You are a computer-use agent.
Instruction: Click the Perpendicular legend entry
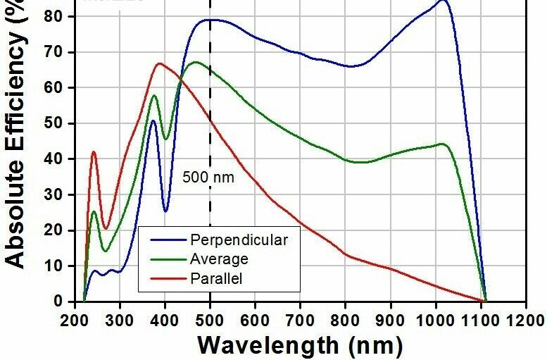(x=239, y=240)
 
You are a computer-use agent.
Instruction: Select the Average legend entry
(x=220, y=259)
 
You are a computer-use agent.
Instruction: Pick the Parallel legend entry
(x=216, y=279)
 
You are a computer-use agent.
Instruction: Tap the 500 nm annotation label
(x=208, y=178)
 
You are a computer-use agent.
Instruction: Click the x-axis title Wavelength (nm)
(x=300, y=345)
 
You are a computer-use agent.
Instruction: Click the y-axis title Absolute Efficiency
(x=15, y=134)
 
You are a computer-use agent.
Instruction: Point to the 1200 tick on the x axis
(x=525, y=319)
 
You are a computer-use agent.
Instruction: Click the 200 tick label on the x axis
(x=74, y=319)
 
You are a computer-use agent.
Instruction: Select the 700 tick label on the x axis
(x=300, y=319)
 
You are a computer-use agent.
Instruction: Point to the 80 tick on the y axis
(x=62, y=16)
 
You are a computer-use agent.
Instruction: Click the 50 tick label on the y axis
(x=62, y=123)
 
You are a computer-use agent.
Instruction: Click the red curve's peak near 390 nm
(x=160, y=63)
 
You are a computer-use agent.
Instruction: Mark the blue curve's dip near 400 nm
(x=165, y=211)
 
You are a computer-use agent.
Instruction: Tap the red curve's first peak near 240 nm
(x=94, y=151)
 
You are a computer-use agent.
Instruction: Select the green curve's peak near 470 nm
(x=195, y=62)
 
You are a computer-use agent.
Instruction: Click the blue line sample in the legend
(x=165, y=240)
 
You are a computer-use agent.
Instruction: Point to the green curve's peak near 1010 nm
(x=442, y=144)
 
